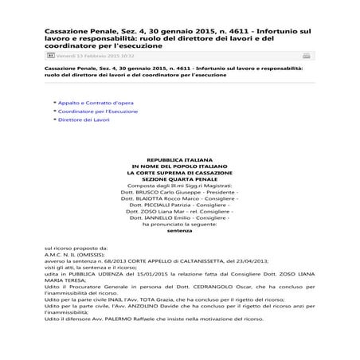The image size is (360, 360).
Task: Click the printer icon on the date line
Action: click(x=307, y=57)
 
